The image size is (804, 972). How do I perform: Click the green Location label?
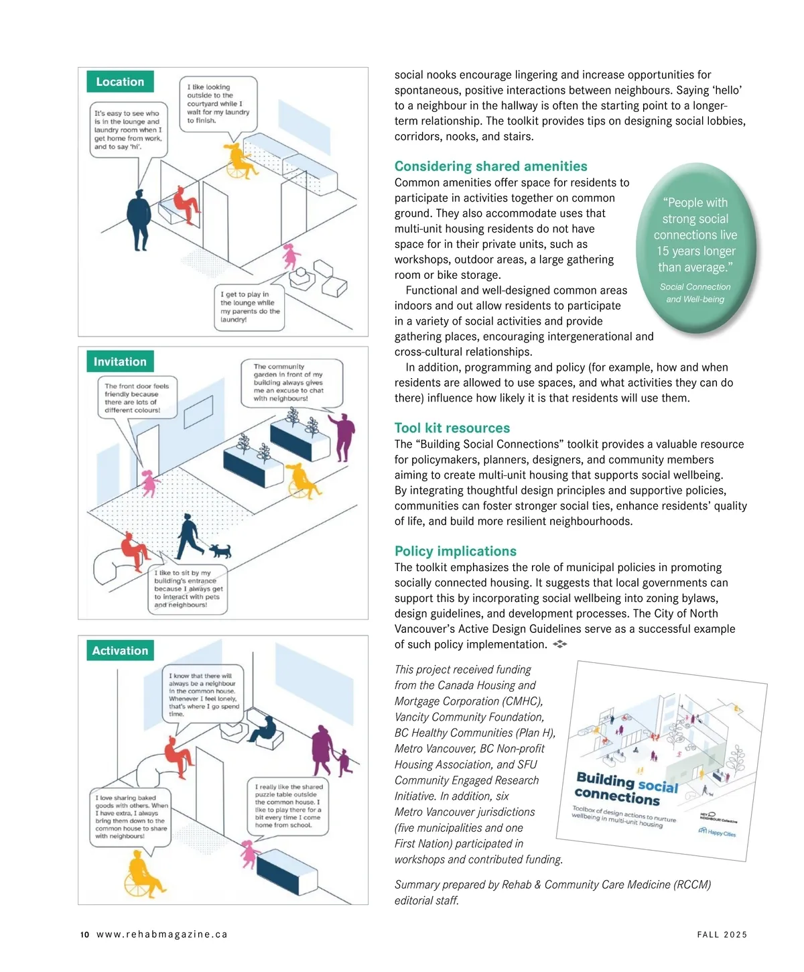point(120,82)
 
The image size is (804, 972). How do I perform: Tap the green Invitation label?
point(120,362)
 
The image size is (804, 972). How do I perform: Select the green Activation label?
point(120,651)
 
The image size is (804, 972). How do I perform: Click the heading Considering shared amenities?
point(490,166)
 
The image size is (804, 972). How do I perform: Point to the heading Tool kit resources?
point(452,428)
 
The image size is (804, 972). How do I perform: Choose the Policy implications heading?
point(456,551)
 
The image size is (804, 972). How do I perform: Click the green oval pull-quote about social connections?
point(695,248)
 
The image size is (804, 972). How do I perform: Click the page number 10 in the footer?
point(84,934)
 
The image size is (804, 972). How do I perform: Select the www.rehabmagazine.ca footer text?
point(162,934)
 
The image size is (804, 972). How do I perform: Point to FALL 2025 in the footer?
point(722,934)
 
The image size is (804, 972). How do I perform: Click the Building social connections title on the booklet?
point(626,789)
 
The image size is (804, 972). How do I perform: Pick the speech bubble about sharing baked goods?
point(131,817)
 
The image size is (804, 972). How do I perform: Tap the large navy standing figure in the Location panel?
point(139,220)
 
